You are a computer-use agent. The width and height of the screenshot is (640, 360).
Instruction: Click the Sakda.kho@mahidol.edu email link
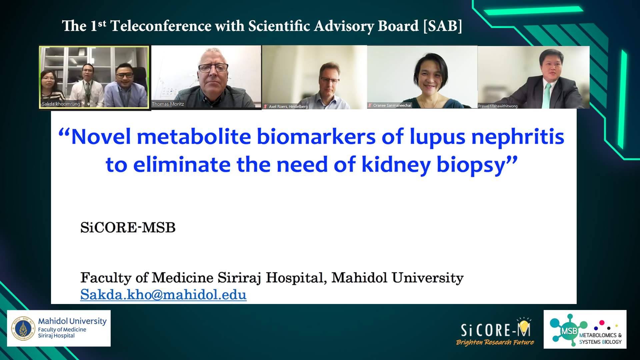coord(163,295)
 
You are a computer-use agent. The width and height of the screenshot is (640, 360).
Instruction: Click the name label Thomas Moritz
coord(168,104)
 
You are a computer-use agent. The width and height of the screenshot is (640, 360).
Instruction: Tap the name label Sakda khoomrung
coord(61,104)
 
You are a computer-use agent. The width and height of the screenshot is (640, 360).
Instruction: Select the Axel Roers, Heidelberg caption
coord(288,107)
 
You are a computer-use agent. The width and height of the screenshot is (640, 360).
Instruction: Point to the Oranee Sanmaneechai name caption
coord(392,105)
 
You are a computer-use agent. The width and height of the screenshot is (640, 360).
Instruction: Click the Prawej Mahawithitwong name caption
coord(498,106)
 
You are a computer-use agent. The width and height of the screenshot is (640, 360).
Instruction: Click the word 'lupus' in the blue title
coord(437,137)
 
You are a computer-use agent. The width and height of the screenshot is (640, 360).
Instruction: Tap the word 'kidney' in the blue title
coord(396,165)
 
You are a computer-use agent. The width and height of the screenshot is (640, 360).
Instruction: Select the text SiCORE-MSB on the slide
coord(128,228)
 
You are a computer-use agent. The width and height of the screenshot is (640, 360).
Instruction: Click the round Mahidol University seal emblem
coord(23,328)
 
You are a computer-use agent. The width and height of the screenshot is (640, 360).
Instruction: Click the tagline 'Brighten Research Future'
coord(495,342)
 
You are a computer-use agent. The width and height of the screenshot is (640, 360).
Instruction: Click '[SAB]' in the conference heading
coord(443,26)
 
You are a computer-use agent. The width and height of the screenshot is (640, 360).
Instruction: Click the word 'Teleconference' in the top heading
coord(161,26)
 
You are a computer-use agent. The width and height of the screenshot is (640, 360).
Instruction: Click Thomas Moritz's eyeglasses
coord(213,68)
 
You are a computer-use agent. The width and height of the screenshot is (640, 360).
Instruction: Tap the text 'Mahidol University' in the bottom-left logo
coord(72,321)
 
